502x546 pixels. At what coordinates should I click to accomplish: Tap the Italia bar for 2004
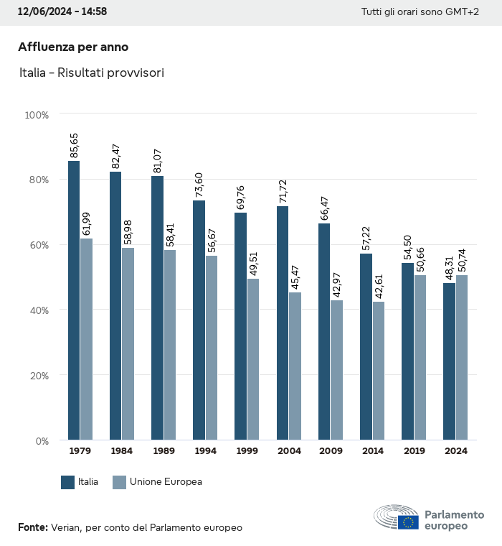click(283, 323)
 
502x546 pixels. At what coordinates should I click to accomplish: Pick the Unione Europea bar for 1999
click(253, 359)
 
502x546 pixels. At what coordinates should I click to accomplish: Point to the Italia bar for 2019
click(407, 351)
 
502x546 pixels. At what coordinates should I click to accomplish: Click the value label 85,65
click(75, 146)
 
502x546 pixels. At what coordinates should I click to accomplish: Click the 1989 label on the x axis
click(164, 451)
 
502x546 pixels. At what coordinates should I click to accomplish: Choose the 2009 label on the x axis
click(331, 451)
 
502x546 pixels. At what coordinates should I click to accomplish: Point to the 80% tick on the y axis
click(38, 180)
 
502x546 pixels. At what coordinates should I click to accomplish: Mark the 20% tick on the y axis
click(38, 375)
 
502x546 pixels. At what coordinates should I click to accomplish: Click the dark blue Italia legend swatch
click(68, 482)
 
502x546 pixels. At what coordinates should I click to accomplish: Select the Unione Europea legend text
click(166, 482)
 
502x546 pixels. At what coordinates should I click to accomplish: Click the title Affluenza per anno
click(73, 47)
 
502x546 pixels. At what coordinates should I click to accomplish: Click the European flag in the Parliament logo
click(409, 522)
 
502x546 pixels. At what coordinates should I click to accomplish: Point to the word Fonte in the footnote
click(32, 527)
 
